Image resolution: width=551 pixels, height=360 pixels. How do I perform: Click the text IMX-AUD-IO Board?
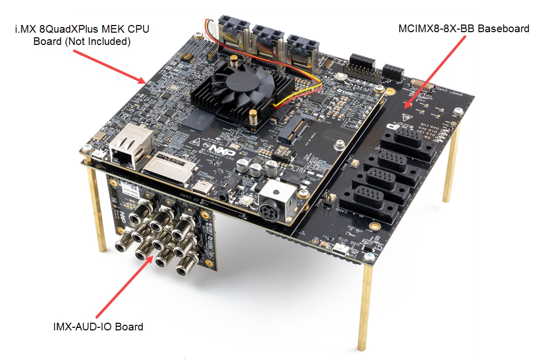98,326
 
